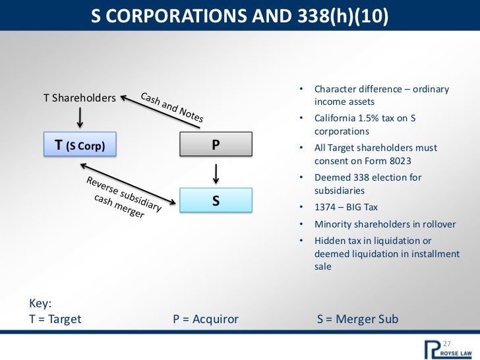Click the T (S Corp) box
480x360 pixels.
80,144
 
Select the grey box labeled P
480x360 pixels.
216,144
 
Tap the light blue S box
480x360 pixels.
216,200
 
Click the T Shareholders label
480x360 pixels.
80,98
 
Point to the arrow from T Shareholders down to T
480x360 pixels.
80,117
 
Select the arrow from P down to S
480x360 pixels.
216,173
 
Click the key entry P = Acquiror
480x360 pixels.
205,319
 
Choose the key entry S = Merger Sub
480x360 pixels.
357,319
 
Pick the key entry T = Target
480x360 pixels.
55,319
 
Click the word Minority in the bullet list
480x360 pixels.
334,224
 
